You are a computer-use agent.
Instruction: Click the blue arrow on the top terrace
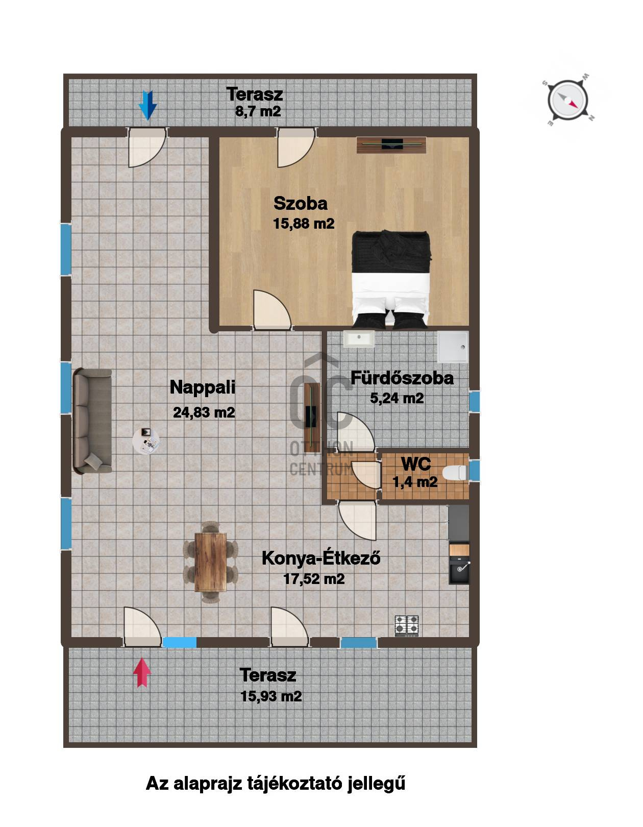point(147,105)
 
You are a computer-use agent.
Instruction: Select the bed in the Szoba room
point(391,279)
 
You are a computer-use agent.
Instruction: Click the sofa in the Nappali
point(92,421)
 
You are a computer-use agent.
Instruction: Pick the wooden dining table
point(210,562)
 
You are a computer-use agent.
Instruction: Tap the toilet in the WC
point(455,473)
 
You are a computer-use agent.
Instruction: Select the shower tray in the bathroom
point(453,347)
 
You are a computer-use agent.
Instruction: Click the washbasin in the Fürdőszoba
point(359,339)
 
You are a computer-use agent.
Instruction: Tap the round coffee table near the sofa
point(146,441)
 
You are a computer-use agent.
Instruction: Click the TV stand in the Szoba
point(391,144)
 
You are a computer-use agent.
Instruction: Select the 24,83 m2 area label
point(204,412)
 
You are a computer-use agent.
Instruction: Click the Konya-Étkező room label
point(321,558)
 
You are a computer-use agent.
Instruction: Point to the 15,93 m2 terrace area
point(271,696)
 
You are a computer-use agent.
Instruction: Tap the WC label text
point(416,464)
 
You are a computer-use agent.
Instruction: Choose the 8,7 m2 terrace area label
point(258,111)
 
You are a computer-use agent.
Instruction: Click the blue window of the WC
point(474,470)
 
